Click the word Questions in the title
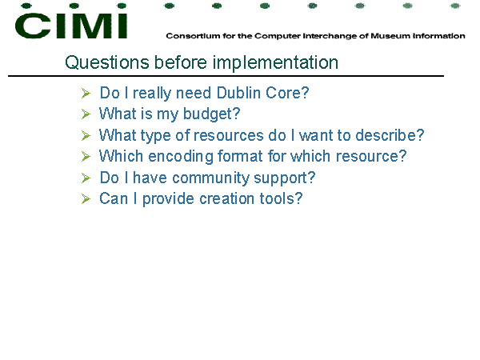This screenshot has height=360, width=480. (107, 62)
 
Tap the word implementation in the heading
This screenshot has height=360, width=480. (275, 63)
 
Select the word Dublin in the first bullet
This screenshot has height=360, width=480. (238, 93)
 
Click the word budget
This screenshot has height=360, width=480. (211, 114)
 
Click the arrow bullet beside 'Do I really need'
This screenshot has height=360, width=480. (86, 93)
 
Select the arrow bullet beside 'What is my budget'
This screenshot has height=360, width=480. (86, 114)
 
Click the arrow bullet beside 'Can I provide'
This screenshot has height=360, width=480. (86, 199)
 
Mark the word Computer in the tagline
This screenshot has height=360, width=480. (278, 36)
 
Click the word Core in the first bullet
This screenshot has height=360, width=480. (287, 93)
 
